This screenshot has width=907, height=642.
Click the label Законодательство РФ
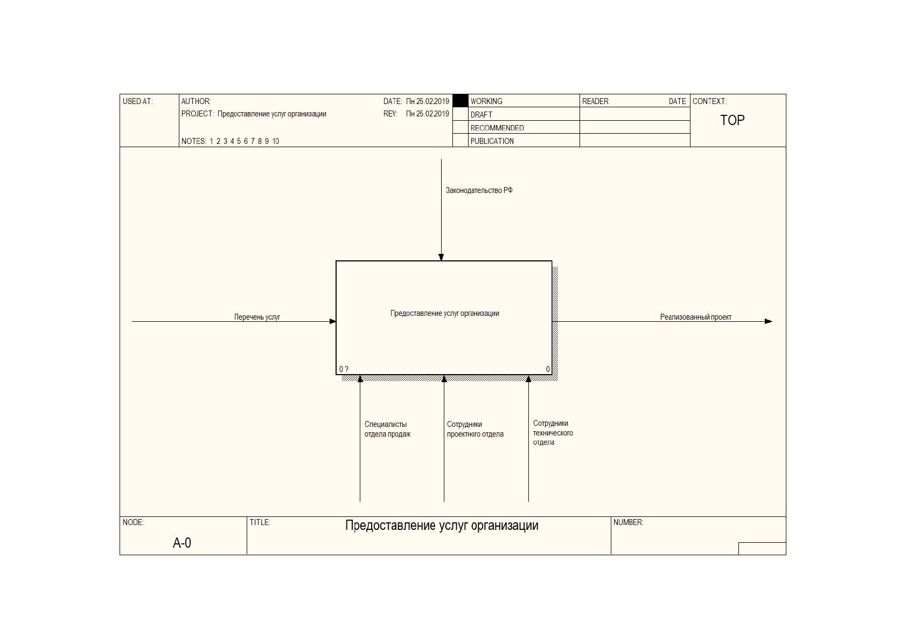479,190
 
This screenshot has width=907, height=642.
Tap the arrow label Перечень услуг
257,317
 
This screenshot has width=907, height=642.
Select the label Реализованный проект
696,317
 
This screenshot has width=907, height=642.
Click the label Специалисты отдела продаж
387,429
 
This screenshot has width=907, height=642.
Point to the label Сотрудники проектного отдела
475,429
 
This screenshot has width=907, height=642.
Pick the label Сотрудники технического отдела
553,433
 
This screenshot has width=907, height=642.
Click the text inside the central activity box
444,313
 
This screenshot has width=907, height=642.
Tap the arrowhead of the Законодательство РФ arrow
441,257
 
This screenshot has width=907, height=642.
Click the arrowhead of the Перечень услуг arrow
333,321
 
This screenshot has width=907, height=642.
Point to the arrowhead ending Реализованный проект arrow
769,321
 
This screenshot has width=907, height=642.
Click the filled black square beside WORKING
461,101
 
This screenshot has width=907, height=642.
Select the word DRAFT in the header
482,115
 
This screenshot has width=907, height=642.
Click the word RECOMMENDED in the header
497,128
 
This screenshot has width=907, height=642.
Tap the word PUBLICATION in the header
492,141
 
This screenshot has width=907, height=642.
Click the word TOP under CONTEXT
732,120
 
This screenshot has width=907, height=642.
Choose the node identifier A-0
182,543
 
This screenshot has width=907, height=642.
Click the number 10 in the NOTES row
275,141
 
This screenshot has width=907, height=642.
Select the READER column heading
595,101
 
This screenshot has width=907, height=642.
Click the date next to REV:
428,114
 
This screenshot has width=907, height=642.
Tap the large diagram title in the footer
442,526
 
